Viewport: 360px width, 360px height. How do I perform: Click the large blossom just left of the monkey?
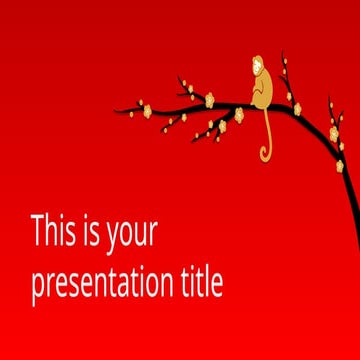click(x=210, y=99)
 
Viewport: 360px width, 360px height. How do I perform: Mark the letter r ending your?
click(x=154, y=236)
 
